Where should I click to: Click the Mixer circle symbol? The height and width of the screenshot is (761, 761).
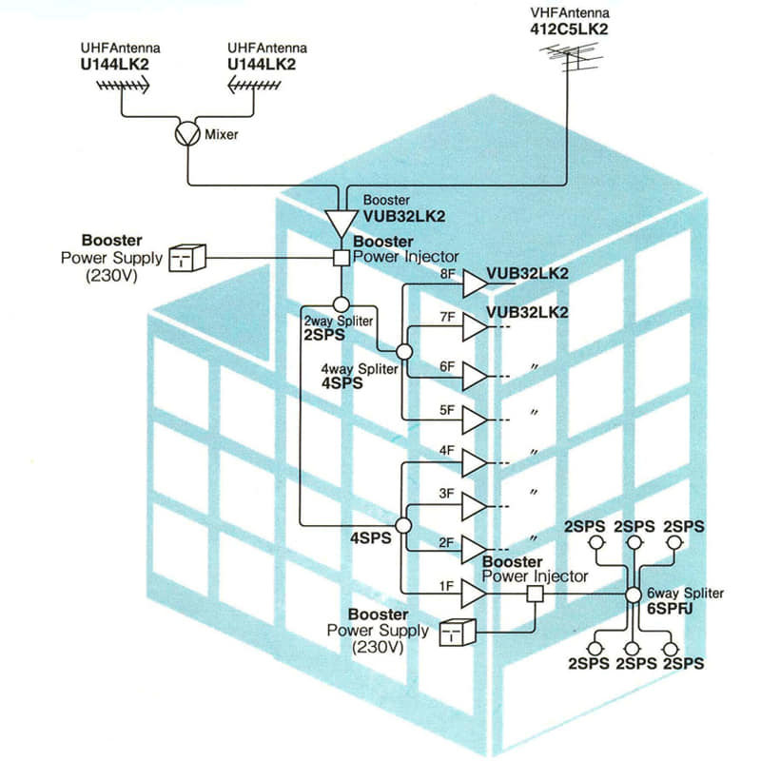point(187,133)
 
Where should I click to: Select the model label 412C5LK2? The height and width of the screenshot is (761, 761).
point(569,29)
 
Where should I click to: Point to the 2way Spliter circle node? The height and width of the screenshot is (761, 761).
point(341,304)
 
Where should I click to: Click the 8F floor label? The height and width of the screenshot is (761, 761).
point(447,274)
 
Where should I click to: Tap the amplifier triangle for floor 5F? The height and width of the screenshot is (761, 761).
point(474,420)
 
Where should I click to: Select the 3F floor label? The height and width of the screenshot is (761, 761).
point(446,494)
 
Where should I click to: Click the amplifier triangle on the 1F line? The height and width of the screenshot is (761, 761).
point(474,594)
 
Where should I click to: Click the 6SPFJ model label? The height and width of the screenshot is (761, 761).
point(670,609)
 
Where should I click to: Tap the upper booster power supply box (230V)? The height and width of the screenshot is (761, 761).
point(187,258)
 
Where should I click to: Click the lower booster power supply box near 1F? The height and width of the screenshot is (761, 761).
point(458,633)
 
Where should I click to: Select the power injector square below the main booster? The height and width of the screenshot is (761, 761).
point(341,258)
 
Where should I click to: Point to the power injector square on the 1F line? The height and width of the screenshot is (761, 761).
point(536,594)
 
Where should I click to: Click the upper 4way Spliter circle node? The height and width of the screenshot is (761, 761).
point(404,352)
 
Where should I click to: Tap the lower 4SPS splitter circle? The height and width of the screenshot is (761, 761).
point(403,525)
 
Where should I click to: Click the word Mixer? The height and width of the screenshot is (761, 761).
point(222,134)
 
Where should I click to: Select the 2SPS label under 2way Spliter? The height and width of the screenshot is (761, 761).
point(324,335)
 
